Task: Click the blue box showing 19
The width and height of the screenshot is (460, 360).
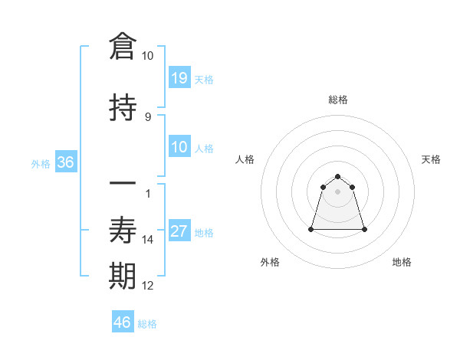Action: (x=179, y=77)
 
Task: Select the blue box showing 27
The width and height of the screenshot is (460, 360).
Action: (x=179, y=231)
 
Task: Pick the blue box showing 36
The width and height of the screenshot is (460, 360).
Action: (x=64, y=162)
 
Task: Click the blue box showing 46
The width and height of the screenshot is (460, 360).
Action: (x=123, y=322)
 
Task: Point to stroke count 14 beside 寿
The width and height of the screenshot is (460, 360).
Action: (x=148, y=240)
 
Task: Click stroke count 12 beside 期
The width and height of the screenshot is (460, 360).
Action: (x=148, y=286)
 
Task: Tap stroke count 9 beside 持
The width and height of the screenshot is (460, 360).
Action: (x=148, y=117)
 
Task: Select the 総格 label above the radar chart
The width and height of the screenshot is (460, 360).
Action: (x=338, y=100)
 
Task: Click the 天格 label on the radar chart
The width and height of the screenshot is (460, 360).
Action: (x=432, y=159)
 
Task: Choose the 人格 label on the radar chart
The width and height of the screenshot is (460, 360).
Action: (x=245, y=159)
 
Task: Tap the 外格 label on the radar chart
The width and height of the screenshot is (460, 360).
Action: (x=270, y=262)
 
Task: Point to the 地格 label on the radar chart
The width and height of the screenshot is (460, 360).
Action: (x=402, y=262)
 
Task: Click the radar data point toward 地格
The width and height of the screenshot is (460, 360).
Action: (x=364, y=229)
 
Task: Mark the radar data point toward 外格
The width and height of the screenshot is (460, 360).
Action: (x=312, y=228)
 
